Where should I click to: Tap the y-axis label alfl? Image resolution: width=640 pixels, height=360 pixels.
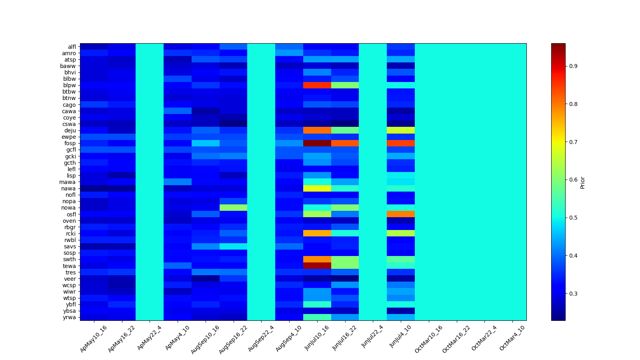(x=72, y=47)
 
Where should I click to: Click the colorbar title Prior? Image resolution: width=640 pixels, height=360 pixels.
(x=582, y=182)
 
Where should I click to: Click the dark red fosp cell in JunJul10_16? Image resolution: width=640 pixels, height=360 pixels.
(x=317, y=143)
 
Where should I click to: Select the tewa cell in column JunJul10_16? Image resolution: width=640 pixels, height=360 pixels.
(x=317, y=266)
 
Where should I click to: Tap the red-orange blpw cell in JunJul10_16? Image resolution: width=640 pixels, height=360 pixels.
(x=317, y=85)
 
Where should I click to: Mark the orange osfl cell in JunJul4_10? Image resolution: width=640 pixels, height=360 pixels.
(x=401, y=214)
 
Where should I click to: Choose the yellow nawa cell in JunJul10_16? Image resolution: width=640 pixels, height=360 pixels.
(x=317, y=188)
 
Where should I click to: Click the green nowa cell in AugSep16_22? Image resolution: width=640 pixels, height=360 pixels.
(x=234, y=208)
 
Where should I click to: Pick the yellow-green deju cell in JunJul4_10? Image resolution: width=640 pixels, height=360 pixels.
(x=401, y=130)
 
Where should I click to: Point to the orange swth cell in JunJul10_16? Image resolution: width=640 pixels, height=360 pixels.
(x=317, y=259)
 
